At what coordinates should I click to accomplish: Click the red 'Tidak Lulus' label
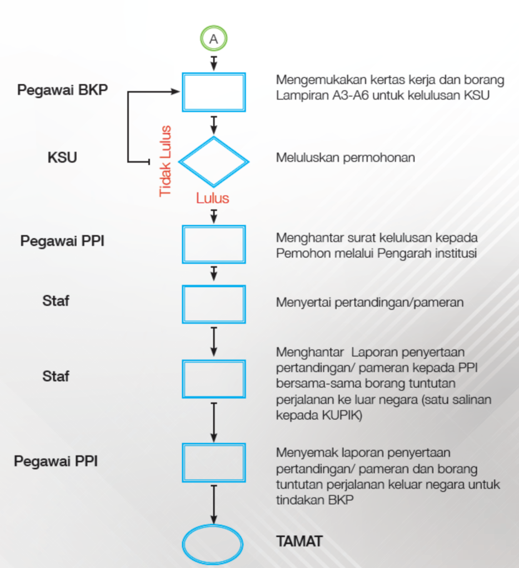click(x=165, y=161)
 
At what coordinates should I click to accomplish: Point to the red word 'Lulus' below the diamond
click(x=213, y=198)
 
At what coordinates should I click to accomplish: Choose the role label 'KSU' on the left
click(x=62, y=158)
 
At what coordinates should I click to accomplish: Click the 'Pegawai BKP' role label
click(x=62, y=90)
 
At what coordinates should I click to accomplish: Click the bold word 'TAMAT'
click(x=300, y=541)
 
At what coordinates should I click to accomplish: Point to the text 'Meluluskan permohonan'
click(x=346, y=158)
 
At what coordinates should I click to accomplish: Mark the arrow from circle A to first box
click(x=214, y=63)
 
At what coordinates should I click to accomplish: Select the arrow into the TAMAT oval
click(x=214, y=505)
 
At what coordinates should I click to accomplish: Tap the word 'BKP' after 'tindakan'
click(x=341, y=500)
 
